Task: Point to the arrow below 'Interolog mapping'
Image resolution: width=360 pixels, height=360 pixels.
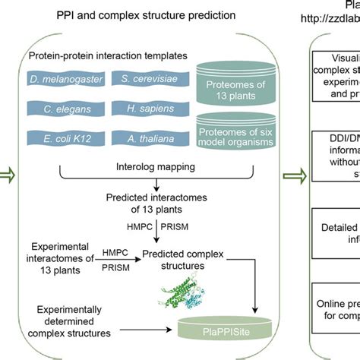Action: pyautogui.click(x=156, y=186)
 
